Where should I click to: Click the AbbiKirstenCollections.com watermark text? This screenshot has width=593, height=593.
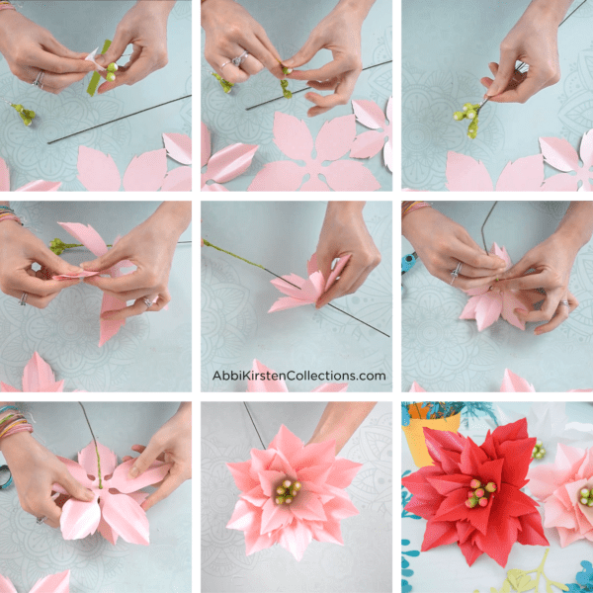click(x=298, y=376)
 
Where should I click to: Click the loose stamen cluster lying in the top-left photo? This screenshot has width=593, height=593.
click(x=23, y=114)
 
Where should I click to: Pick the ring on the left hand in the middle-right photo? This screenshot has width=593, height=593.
click(x=457, y=270)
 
